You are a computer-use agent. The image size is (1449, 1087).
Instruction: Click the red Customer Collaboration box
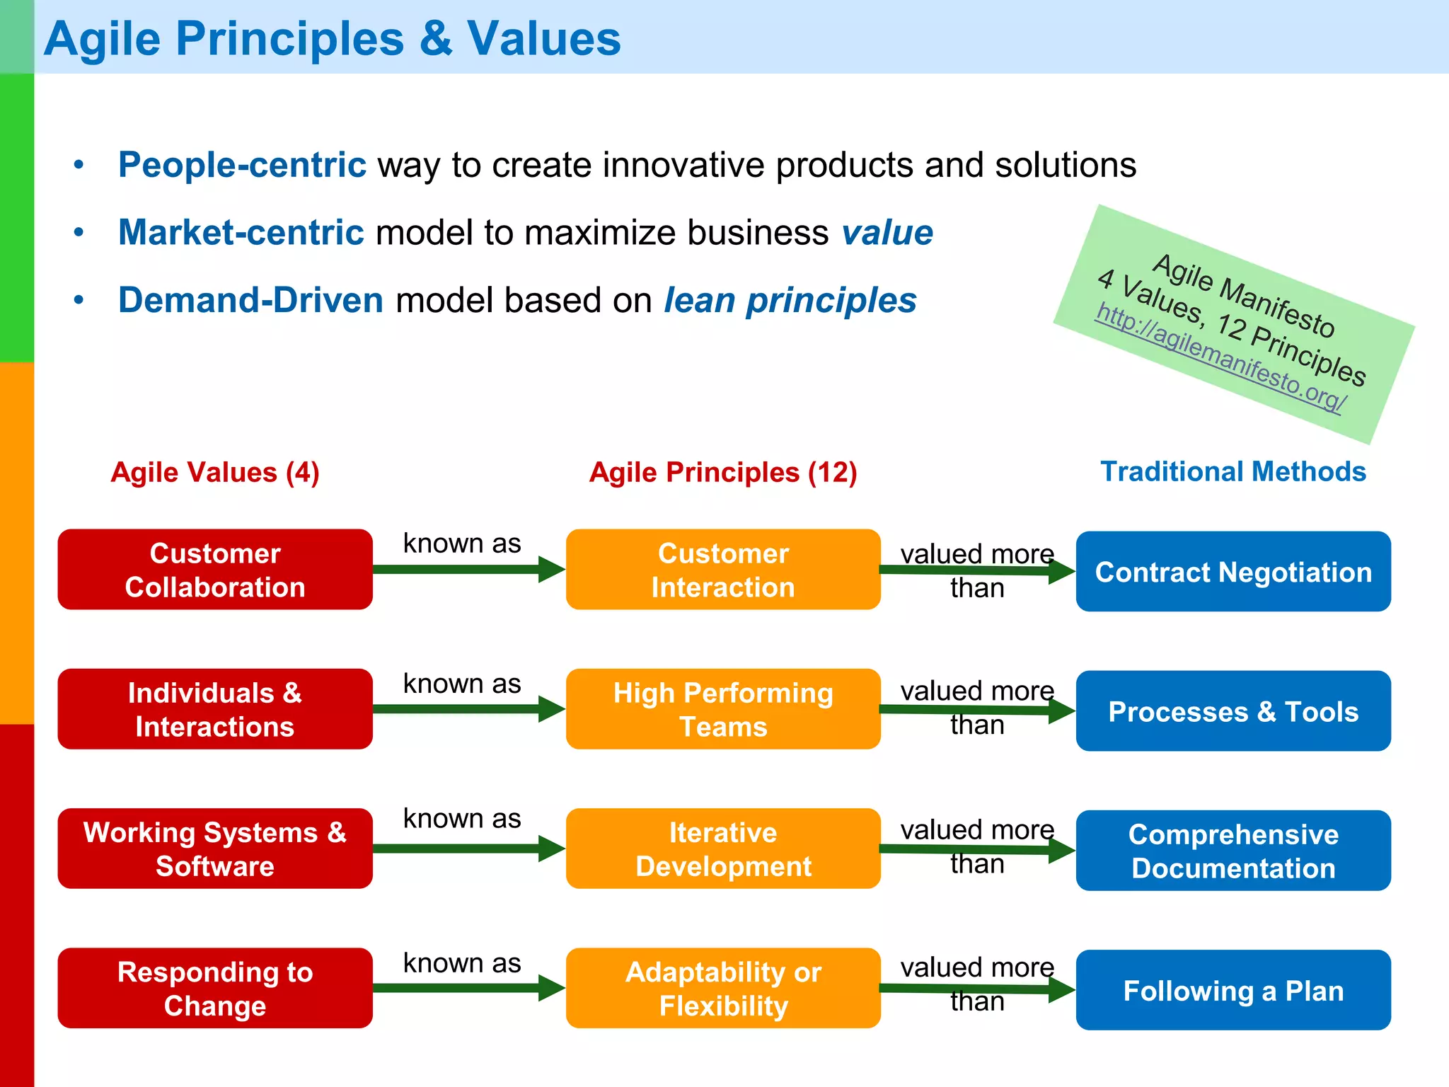[215, 570]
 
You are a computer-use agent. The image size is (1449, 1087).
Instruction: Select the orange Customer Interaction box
[723, 570]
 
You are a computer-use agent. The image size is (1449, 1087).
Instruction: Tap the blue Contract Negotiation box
[1233, 572]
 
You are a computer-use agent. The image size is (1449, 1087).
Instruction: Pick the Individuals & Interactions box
[215, 709]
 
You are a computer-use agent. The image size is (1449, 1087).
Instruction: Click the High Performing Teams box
[723, 709]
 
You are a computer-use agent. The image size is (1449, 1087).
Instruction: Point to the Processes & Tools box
[1233, 711]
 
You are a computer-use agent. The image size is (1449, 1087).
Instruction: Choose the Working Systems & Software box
[215, 849]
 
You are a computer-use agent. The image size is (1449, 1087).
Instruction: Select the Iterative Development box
[723, 849]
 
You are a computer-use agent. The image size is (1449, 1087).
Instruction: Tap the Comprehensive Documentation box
[1233, 851]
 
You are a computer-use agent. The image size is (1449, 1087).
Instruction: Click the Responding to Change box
[215, 989]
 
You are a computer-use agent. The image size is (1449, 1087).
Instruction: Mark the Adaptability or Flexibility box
[723, 989]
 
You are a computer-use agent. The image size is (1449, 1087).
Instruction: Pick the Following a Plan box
[1233, 991]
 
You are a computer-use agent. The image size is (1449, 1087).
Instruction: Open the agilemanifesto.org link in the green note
[1220, 358]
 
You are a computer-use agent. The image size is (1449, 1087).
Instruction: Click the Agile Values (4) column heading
[215, 472]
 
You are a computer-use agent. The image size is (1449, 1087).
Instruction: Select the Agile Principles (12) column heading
[723, 472]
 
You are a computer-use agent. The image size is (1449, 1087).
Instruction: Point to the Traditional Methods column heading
[1233, 471]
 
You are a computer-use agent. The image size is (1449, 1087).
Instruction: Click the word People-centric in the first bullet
[242, 165]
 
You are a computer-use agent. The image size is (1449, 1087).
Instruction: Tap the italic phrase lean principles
[790, 300]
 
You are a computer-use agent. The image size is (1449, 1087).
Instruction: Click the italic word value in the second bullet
[887, 233]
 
